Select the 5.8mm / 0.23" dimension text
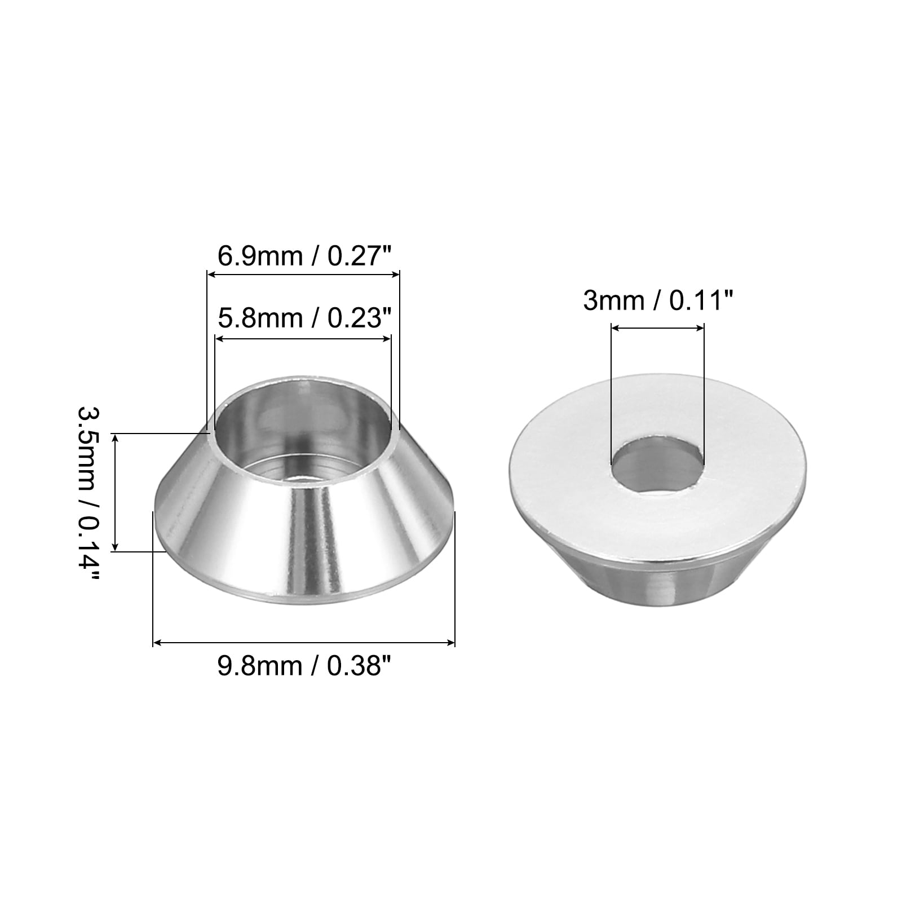[x=304, y=319]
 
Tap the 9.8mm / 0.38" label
[x=304, y=667]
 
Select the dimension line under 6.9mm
[x=304, y=275]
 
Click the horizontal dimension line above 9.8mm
[x=304, y=642]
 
